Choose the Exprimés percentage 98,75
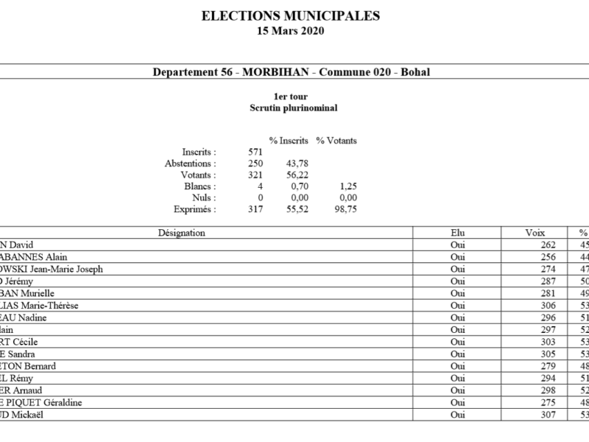coord(345,210)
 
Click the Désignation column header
coord(181,233)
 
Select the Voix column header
coord(535,233)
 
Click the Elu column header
coord(457,233)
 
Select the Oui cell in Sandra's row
coord(457,354)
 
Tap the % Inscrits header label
coord(287,141)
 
